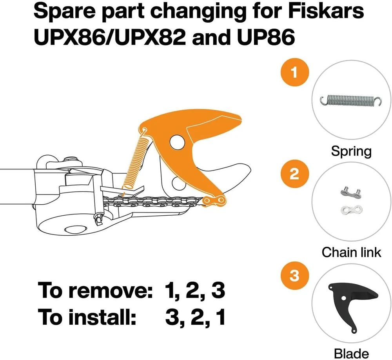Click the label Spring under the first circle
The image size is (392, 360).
click(351, 151)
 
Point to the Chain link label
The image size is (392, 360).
click(351, 252)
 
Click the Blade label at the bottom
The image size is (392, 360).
click(351, 353)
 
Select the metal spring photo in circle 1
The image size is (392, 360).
click(351, 101)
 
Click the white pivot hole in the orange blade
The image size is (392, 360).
click(178, 143)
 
